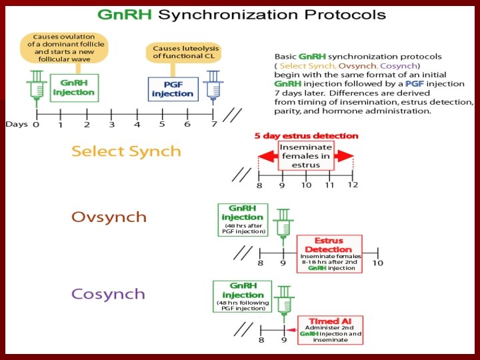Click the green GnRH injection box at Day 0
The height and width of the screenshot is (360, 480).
tap(74, 87)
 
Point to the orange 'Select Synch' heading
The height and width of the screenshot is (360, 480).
tap(126, 151)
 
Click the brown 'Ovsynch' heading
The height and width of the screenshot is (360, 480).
tap(109, 217)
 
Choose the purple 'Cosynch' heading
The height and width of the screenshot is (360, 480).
tap(108, 294)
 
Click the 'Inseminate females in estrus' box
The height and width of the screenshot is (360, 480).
tap(306, 156)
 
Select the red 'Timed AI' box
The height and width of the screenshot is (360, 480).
tap(331, 329)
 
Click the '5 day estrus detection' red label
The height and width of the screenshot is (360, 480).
tap(306, 136)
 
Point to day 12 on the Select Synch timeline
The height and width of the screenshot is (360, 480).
tap(353, 185)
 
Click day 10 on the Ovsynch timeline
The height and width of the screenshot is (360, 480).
tap(378, 263)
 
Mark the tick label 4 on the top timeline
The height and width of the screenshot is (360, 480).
tap(137, 125)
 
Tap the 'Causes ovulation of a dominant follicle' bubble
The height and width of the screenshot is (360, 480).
tap(65, 44)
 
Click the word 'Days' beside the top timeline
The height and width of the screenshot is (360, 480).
tap(16, 124)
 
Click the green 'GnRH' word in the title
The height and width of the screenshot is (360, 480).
tap(121, 14)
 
